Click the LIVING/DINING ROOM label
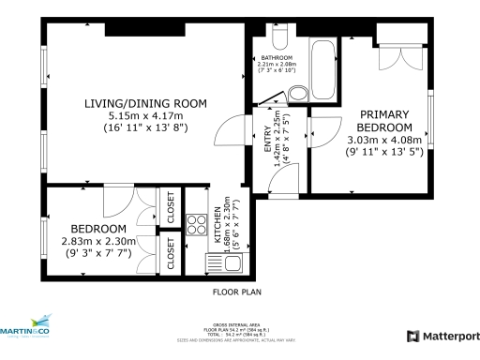[144, 102]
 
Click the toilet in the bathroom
[277, 37]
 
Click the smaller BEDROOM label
[98, 229]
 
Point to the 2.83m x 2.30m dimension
[98, 241]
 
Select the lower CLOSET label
[171, 254]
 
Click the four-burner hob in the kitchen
[198, 224]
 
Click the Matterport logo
[442, 336]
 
